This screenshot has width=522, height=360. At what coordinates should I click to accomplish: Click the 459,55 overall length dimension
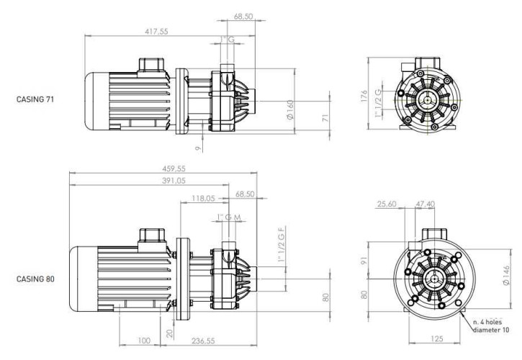(x=162, y=168)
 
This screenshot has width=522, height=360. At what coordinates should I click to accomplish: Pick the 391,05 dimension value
(x=162, y=181)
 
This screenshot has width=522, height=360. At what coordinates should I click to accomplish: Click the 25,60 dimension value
(x=387, y=204)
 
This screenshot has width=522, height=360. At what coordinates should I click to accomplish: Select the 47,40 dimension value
(x=426, y=204)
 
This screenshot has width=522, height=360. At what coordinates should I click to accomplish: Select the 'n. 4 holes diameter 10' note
(x=492, y=326)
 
